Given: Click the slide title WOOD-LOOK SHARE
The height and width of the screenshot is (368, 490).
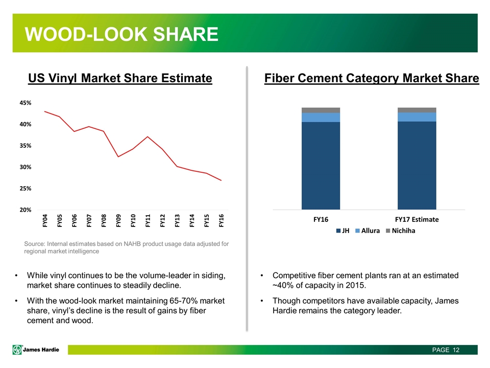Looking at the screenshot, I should coord(122,34).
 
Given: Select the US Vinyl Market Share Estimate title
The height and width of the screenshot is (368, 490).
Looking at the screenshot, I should coord(120,78).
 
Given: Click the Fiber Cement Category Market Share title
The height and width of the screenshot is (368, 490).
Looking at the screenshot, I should coord(372,78).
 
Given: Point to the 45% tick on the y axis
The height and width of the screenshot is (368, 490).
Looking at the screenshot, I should coord(24,103).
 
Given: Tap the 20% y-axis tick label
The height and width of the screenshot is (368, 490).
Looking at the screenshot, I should coord(24,210).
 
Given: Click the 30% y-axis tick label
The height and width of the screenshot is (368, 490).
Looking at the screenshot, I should coord(24,167).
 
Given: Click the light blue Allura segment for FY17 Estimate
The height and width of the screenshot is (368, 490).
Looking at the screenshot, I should coord(416,117).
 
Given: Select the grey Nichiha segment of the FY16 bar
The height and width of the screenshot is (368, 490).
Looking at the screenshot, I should coord(321,110).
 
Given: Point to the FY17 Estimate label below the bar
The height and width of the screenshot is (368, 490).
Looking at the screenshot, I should coord(416,219).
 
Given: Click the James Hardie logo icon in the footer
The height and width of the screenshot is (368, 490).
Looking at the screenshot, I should coord(18,350).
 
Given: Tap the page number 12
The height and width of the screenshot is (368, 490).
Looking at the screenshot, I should coord(455,350).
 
